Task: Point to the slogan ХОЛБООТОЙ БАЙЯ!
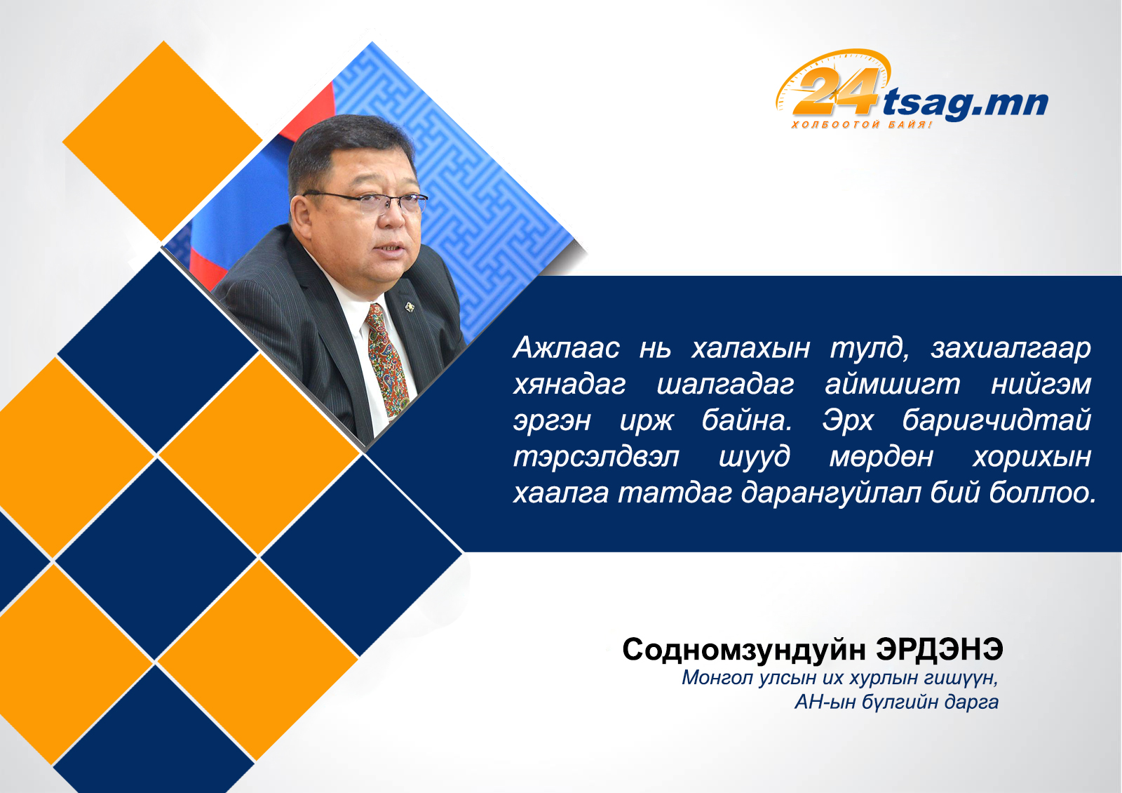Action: tap(861, 124)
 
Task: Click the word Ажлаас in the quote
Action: tap(566, 347)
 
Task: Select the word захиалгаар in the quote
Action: tap(1011, 348)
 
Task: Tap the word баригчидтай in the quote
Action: tap(996, 420)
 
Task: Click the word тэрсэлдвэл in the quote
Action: tap(596, 457)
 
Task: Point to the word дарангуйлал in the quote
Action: tap(832, 493)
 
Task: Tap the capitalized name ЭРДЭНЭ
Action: tap(939, 650)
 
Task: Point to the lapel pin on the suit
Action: tap(410, 307)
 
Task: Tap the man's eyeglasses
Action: tap(365, 201)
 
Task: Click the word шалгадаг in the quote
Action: tap(725, 385)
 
